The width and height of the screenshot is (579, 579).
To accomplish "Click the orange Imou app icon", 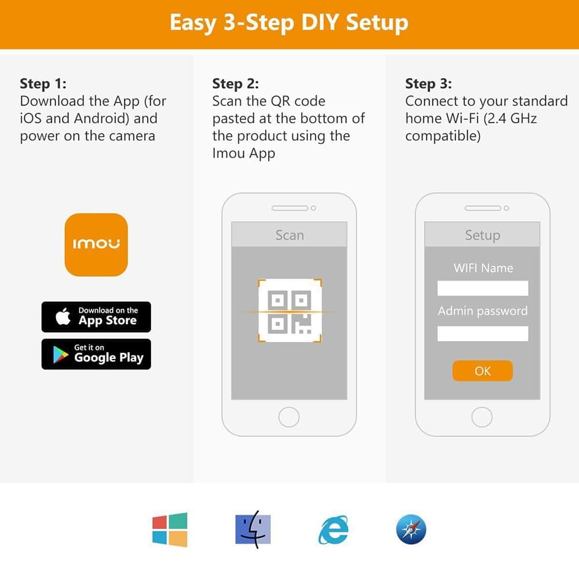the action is [x=96, y=244].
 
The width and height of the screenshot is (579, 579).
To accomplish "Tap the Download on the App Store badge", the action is [x=96, y=317].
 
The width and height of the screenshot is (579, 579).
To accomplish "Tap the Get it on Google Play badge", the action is [x=96, y=354].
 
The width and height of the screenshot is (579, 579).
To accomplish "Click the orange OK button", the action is [x=482, y=371].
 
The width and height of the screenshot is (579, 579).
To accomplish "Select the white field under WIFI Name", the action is [x=483, y=288].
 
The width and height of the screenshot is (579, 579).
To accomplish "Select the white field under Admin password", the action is [x=483, y=334].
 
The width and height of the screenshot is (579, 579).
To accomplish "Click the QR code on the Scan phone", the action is [x=289, y=310].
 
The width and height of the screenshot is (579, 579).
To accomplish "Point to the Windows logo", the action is [x=170, y=530].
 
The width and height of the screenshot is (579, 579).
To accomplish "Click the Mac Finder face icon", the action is [x=253, y=530].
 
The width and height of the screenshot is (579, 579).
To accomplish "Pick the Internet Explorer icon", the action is [x=334, y=530].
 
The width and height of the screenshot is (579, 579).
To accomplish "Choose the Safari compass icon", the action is [x=411, y=530].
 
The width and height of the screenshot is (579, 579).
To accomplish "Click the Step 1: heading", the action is [x=43, y=84].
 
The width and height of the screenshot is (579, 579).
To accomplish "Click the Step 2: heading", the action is [x=236, y=84].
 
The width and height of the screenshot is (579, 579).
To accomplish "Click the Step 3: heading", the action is [x=428, y=84].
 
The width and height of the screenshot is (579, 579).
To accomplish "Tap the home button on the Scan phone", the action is [x=289, y=417].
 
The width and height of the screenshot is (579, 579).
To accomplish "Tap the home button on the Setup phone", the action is [x=482, y=417].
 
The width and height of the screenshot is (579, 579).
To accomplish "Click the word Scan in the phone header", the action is [x=290, y=235].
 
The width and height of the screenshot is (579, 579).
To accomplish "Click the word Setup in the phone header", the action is [x=483, y=236].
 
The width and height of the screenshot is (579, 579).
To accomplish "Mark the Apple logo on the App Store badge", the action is [x=63, y=317].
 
